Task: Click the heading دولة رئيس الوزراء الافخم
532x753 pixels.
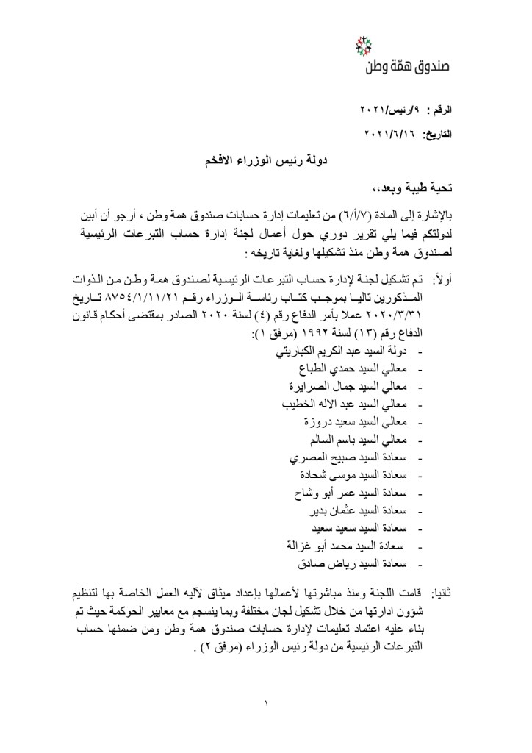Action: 265,159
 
